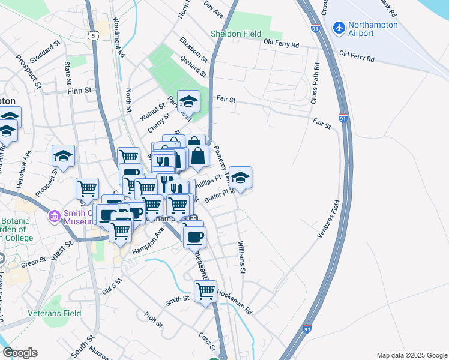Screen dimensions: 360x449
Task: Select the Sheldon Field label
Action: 236,34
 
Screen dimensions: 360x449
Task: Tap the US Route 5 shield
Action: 94,35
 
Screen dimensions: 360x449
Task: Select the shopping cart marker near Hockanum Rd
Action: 206,292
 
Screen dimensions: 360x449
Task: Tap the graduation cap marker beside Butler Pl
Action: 240,178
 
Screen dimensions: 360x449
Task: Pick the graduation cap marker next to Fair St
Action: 188,102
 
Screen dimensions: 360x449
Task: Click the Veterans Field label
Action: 55,313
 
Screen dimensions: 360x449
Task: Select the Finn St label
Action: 79,90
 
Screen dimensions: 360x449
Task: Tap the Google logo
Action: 20,352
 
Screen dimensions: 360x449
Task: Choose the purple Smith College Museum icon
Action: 55,215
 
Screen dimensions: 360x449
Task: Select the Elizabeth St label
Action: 193,50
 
